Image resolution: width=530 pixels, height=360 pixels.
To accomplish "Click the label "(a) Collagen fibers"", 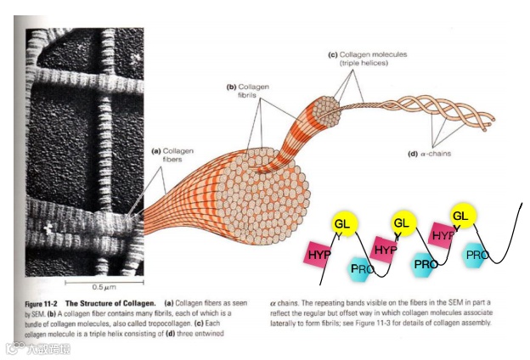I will tap(170, 155).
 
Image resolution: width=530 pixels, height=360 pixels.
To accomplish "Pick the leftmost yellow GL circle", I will tap(342, 222).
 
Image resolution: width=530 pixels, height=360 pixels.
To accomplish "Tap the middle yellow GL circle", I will tap(403, 223).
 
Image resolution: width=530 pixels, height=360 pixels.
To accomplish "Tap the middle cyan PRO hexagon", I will tap(424, 263).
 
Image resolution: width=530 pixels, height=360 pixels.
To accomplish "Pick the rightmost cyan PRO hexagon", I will tap(476, 254).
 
